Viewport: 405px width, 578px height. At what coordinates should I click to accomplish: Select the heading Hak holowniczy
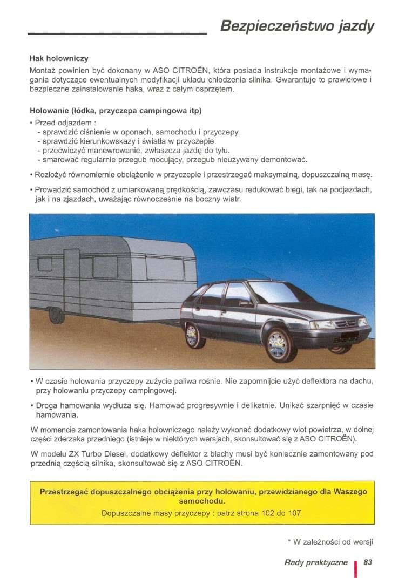[59, 58]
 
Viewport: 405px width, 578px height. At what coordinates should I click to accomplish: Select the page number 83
[369, 562]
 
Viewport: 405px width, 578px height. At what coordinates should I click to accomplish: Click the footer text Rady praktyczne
[316, 562]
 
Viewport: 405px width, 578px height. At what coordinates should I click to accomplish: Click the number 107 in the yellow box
[294, 512]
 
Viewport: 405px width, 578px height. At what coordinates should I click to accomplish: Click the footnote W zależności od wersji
[332, 541]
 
